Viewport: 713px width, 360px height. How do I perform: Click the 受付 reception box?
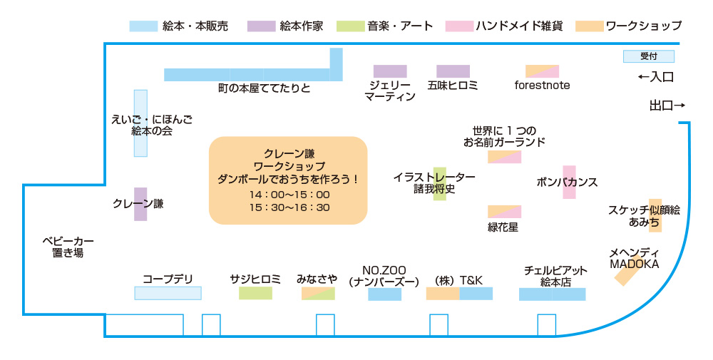click(648, 56)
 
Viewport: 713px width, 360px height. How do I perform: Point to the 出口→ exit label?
click(667, 106)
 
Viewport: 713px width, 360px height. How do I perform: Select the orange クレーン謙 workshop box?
click(287, 180)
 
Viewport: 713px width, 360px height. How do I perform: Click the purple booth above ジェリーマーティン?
click(390, 71)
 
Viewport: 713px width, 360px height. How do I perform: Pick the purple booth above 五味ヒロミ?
click(453, 71)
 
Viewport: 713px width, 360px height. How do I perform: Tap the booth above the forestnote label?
click(542, 71)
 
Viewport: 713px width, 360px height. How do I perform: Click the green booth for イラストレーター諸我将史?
click(440, 184)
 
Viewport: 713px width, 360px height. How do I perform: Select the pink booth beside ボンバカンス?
click(569, 182)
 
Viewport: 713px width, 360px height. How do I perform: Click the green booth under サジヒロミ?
click(255, 293)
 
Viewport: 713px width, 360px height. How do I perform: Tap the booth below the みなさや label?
click(318, 294)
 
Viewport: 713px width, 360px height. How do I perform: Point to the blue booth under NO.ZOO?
click(384, 294)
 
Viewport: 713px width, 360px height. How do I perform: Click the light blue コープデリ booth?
click(168, 293)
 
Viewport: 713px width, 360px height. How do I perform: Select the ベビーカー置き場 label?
click(68, 247)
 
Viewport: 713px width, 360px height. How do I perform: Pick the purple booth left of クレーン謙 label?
click(140, 204)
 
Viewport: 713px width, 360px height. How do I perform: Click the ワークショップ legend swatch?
click(590, 26)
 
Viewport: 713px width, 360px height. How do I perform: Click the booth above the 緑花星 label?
click(504, 212)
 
